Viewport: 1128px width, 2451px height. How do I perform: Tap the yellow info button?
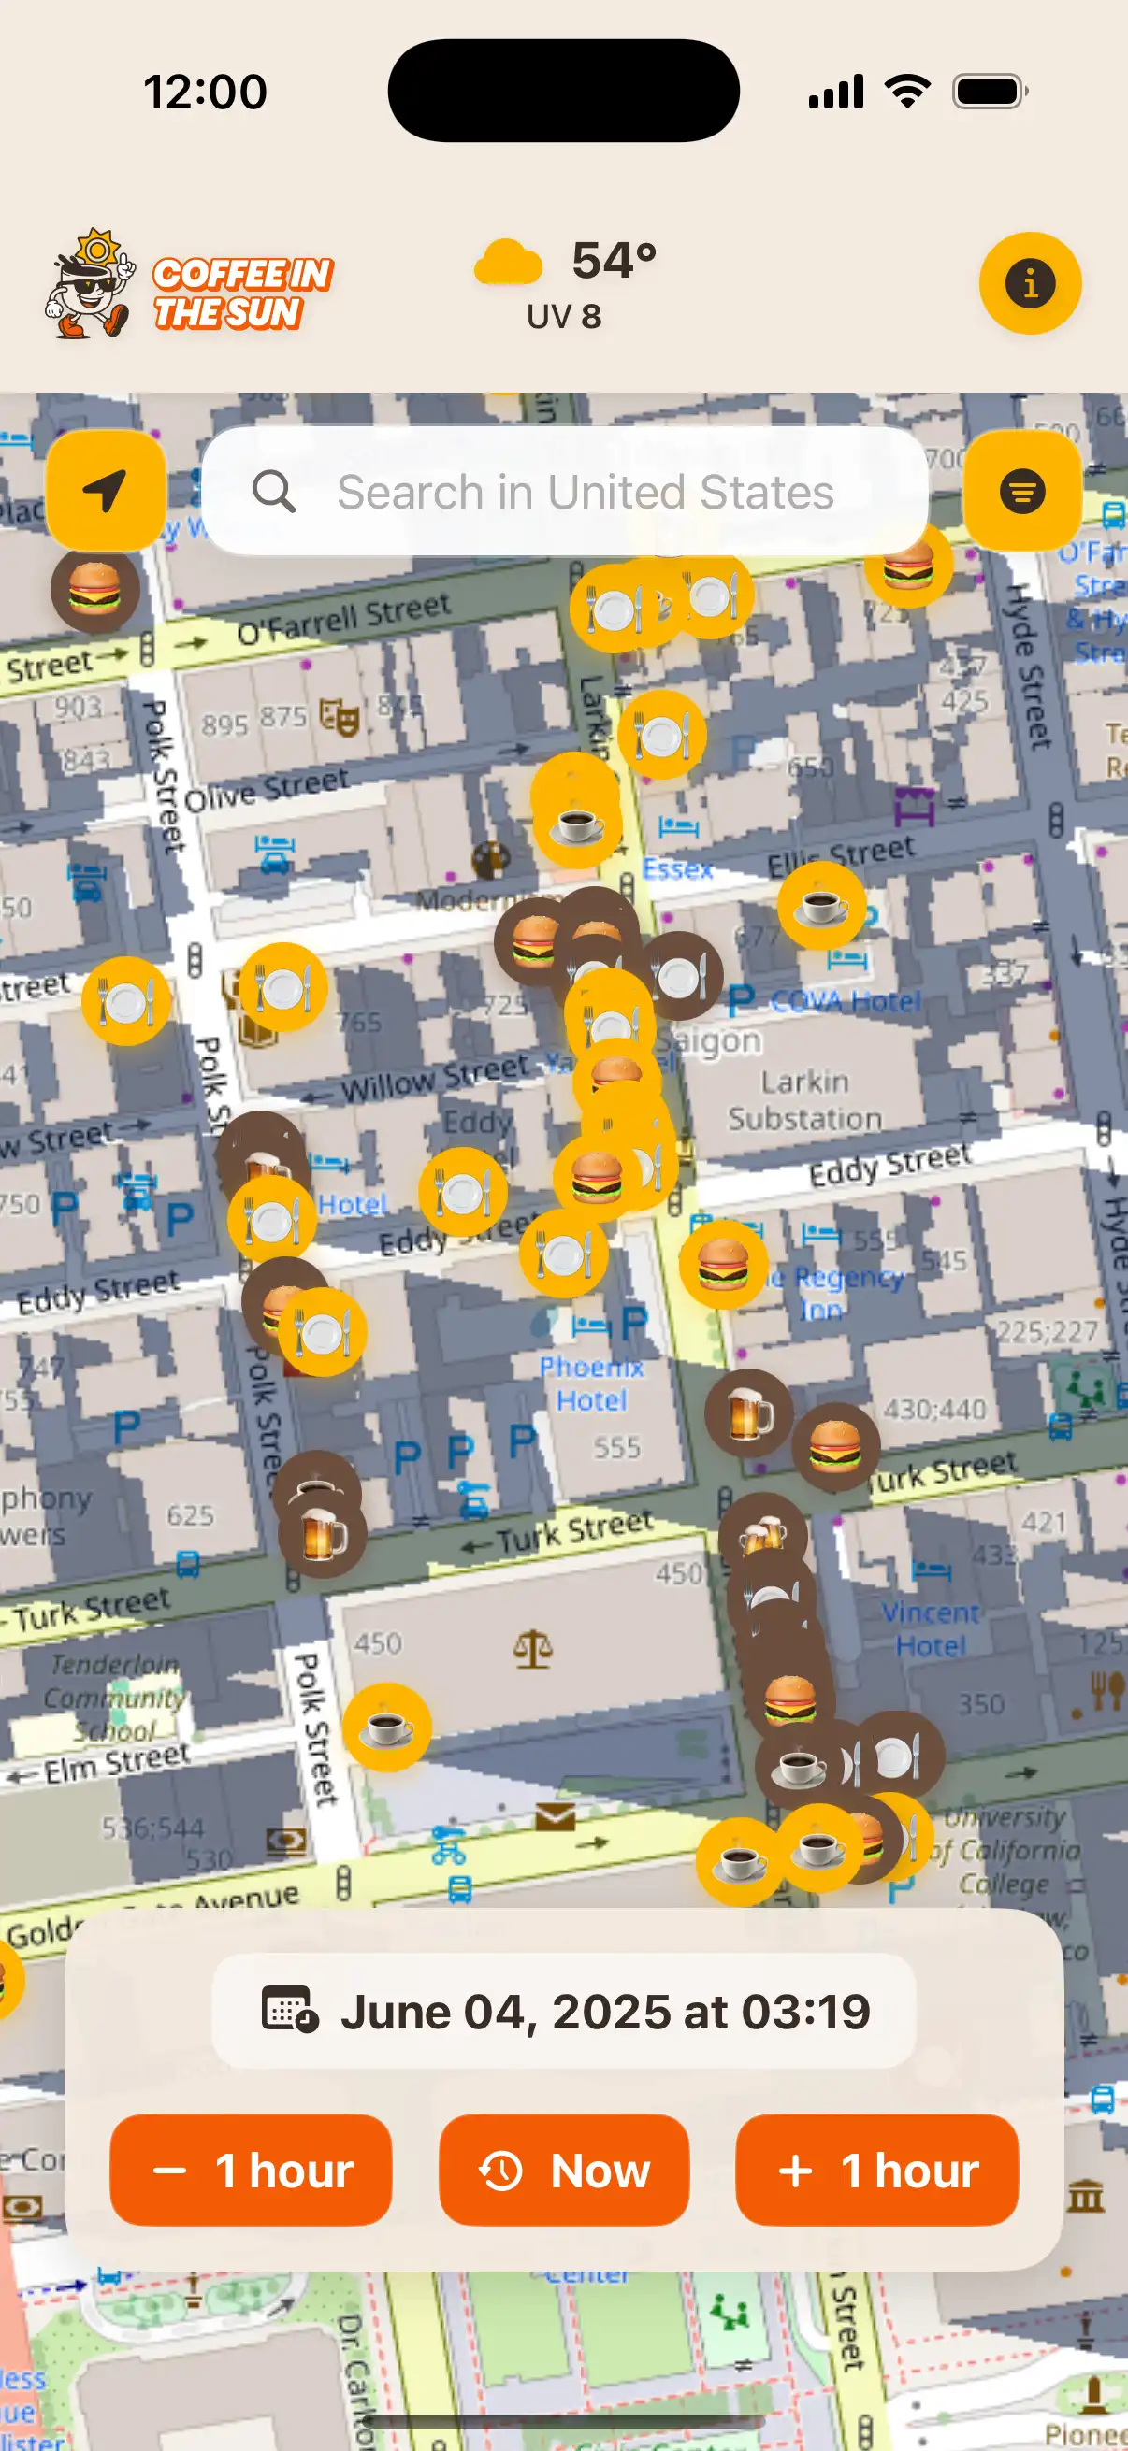click(1030, 283)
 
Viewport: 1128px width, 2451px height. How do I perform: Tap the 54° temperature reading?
click(614, 260)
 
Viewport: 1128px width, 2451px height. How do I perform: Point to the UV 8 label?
click(565, 317)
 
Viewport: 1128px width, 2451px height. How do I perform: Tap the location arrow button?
click(106, 491)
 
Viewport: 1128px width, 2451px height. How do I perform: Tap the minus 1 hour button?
click(252, 2171)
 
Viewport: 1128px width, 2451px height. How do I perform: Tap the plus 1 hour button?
click(876, 2171)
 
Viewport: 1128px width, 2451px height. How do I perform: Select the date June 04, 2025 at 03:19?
click(565, 2012)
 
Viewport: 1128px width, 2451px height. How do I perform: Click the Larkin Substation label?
click(805, 1100)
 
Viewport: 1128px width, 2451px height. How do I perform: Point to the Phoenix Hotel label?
click(591, 1383)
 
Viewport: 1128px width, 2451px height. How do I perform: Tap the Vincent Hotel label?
click(930, 1629)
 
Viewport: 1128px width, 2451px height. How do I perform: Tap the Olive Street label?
click(267, 790)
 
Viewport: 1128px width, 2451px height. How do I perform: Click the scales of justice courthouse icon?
click(533, 1649)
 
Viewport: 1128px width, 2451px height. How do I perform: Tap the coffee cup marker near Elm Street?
click(386, 1727)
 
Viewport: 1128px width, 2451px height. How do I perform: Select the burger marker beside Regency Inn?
click(723, 1265)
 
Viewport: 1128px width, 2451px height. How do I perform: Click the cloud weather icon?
click(508, 264)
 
